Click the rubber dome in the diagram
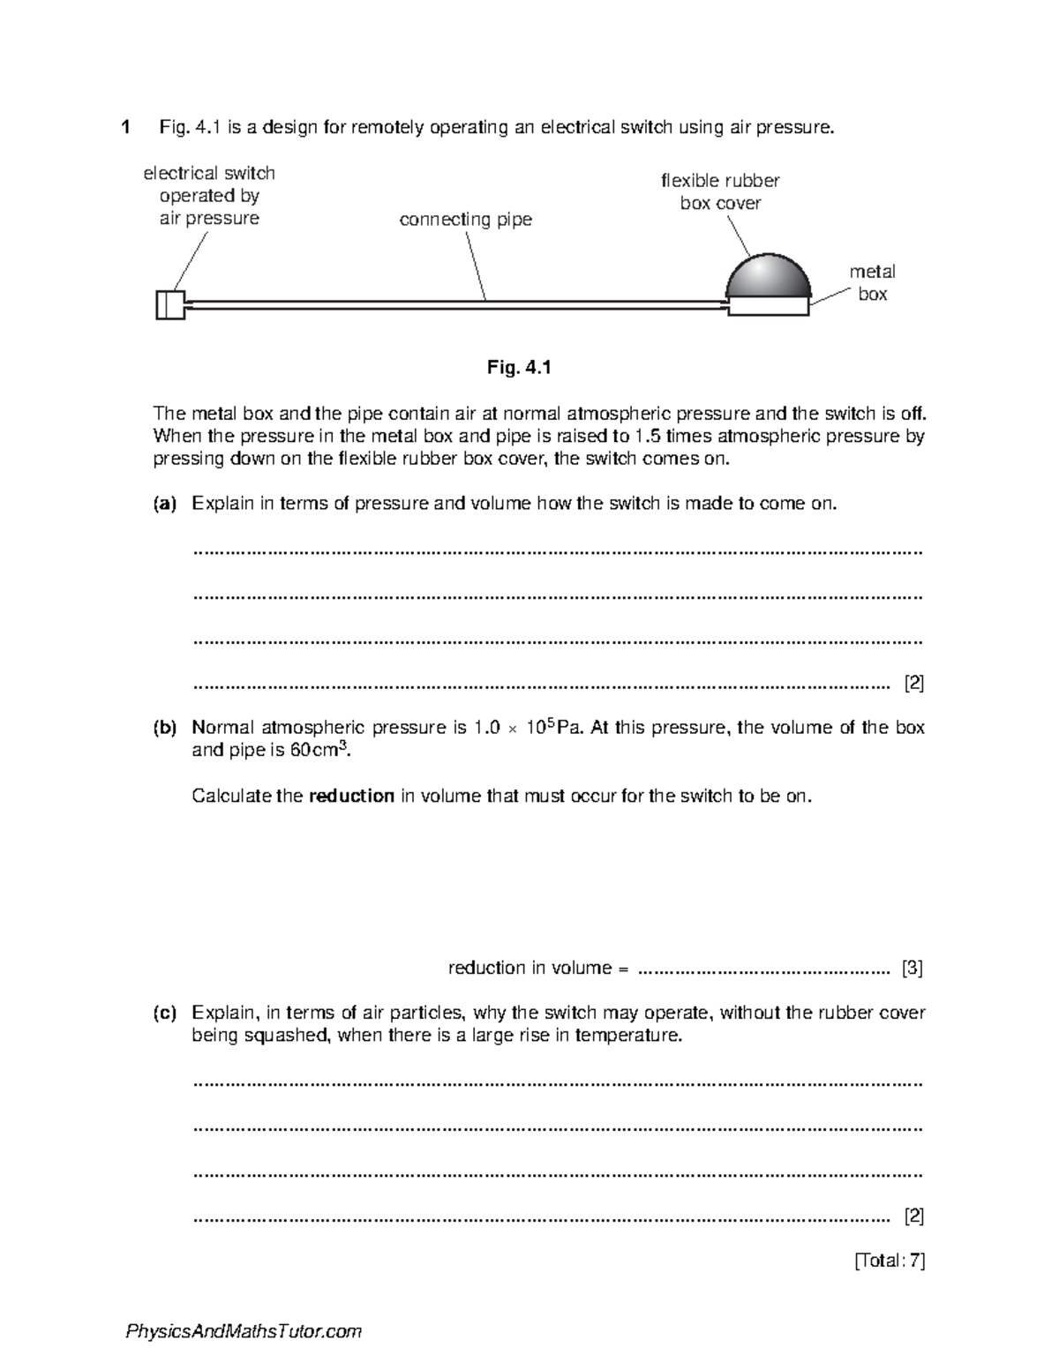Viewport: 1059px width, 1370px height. [x=767, y=277]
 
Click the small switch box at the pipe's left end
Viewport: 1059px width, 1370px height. [x=170, y=304]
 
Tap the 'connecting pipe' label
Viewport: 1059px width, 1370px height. [x=465, y=220]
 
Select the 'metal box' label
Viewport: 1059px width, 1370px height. [x=872, y=283]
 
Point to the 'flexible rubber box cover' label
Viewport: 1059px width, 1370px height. [x=720, y=191]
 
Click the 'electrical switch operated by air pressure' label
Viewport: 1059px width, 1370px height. [x=209, y=196]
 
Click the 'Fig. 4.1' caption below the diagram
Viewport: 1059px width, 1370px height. [x=519, y=368]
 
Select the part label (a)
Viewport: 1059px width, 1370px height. [x=165, y=504]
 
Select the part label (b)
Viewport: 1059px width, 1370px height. [x=165, y=728]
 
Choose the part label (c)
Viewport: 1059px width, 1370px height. [x=165, y=1013]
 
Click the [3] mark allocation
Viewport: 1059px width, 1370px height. [x=912, y=968]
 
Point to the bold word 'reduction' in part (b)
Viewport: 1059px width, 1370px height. [x=351, y=796]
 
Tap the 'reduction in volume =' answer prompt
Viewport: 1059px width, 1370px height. [x=538, y=968]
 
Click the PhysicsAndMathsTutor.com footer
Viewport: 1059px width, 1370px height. [x=244, y=1331]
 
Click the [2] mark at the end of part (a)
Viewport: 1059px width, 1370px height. [x=913, y=683]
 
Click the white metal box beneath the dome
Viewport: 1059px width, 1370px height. [x=767, y=306]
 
